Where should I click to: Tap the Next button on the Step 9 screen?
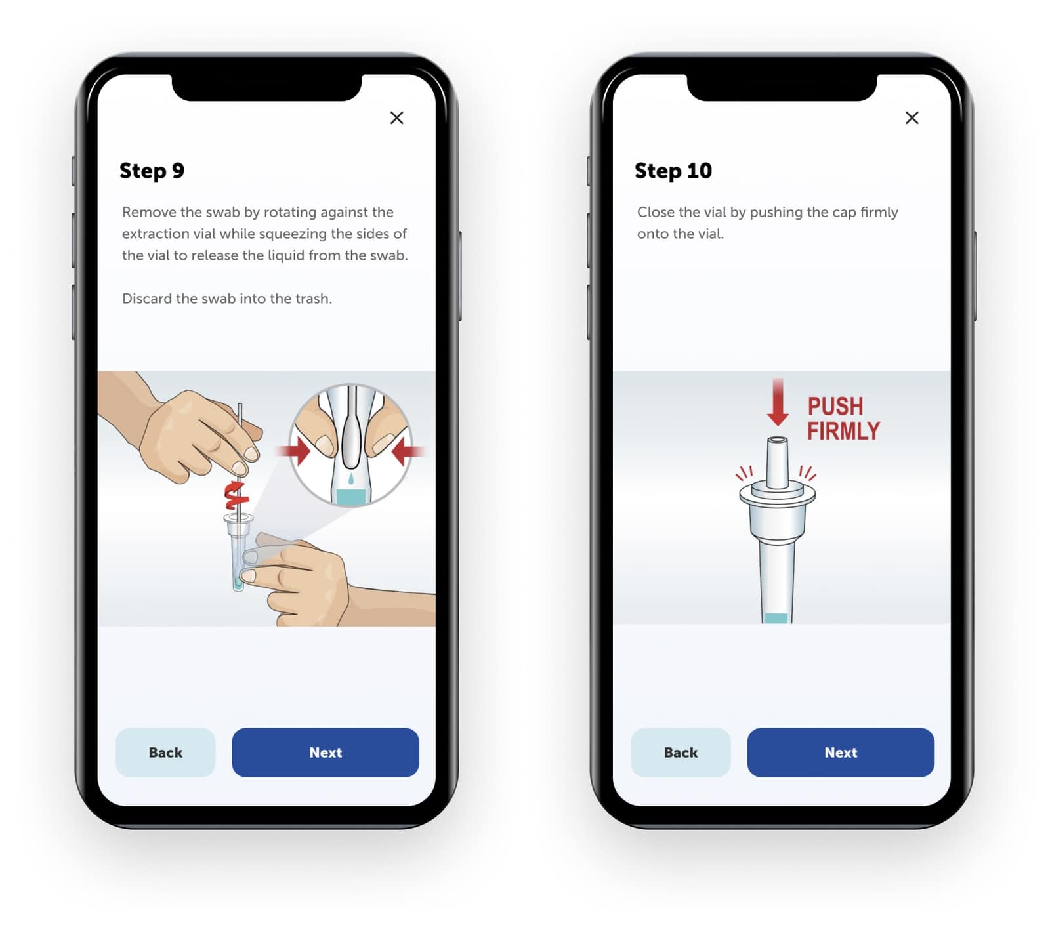click(325, 753)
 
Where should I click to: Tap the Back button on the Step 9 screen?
click(165, 753)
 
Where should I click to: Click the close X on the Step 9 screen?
click(396, 117)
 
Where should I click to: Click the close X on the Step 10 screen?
click(912, 117)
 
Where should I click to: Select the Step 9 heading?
click(152, 171)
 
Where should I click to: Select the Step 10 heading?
click(673, 171)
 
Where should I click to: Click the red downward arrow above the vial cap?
click(778, 402)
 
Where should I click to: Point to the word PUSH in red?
click(835, 406)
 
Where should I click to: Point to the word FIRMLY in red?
click(843, 431)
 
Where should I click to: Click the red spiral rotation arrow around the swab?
click(236, 495)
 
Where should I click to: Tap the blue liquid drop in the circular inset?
click(351, 480)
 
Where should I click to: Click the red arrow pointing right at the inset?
click(294, 451)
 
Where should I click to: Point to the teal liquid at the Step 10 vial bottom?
click(776, 618)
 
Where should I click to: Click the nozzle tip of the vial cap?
click(777, 440)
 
